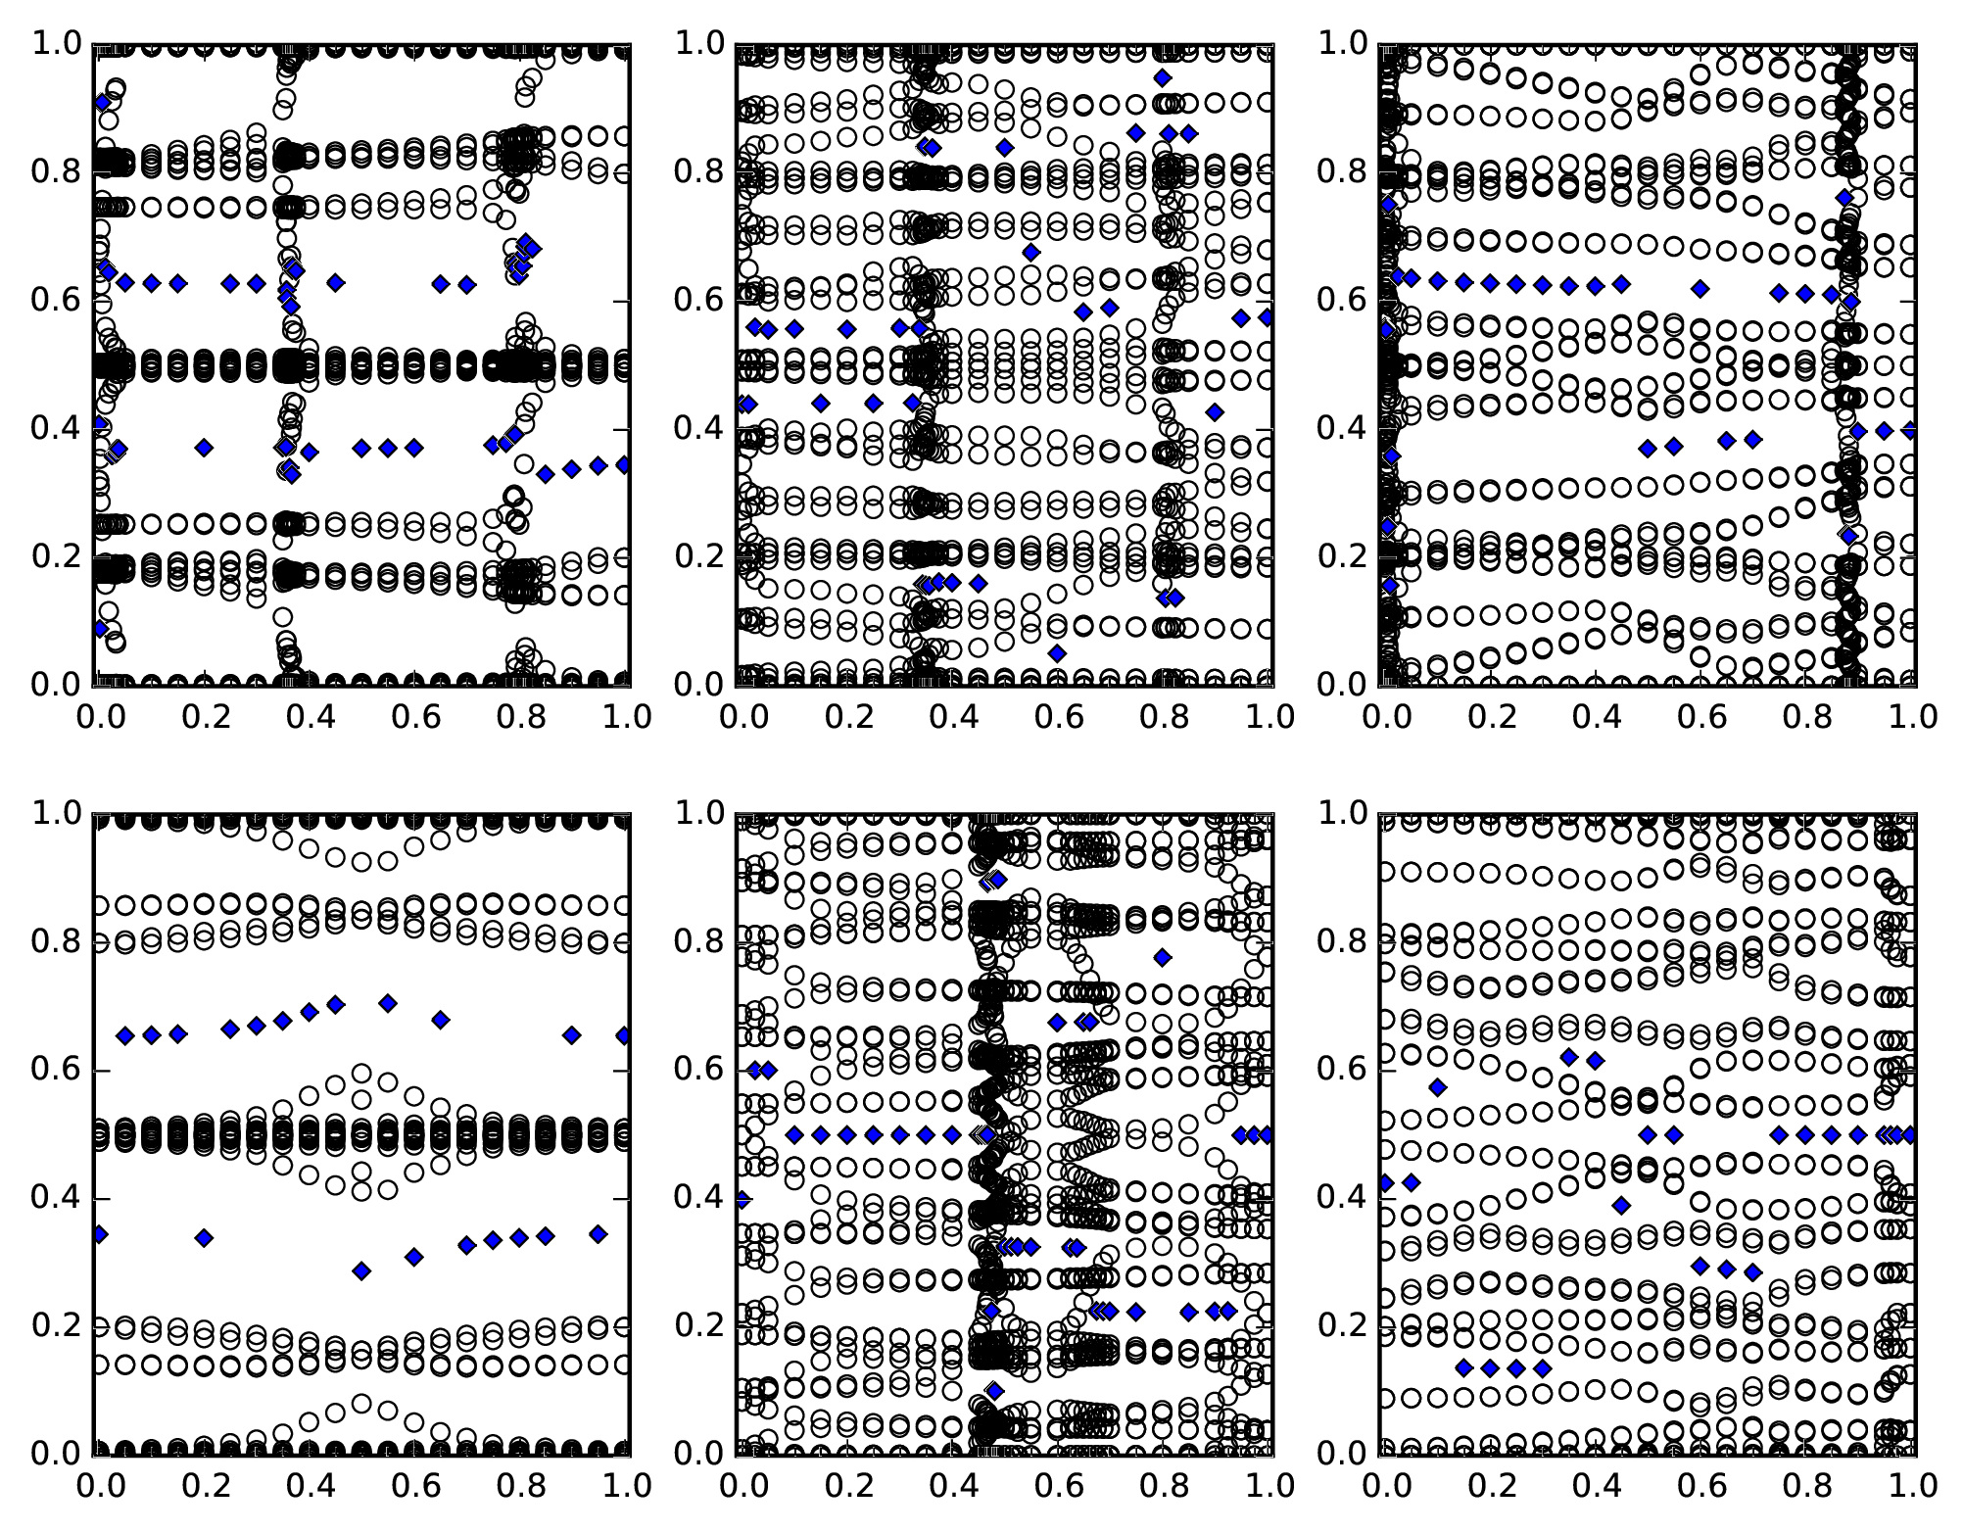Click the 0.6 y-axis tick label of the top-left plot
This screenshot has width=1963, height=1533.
coord(56,301)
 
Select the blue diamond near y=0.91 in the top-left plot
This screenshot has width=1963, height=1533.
coord(102,102)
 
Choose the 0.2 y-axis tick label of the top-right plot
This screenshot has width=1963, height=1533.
coord(1343,556)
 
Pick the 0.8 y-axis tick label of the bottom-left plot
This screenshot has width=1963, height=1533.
coord(56,942)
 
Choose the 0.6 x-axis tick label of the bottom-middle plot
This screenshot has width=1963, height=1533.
coord(1057,1486)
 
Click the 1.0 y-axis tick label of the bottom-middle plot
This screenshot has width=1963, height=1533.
coord(699,814)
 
